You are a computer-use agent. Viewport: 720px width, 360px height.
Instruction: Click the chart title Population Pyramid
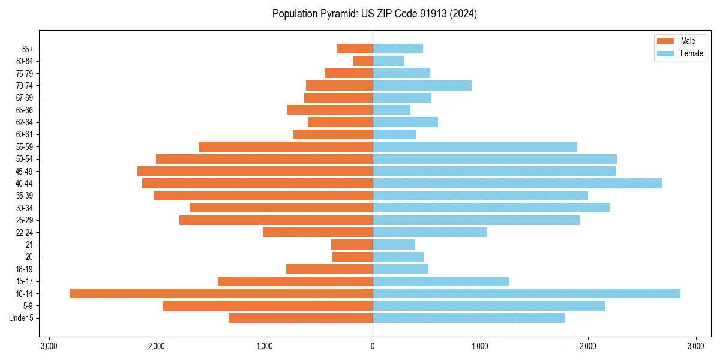click(x=374, y=14)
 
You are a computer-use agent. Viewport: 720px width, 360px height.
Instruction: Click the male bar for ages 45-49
click(x=255, y=171)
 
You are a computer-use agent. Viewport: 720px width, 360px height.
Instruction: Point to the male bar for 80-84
click(x=363, y=61)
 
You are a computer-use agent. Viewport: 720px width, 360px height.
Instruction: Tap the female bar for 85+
click(x=398, y=49)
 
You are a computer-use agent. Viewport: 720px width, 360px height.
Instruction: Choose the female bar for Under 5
click(x=469, y=318)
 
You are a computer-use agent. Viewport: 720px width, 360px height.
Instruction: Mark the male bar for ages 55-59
click(x=286, y=146)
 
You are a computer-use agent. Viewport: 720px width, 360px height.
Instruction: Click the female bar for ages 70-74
click(x=422, y=85)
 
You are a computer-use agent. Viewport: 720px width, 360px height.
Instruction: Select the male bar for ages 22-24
click(x=317, y=232)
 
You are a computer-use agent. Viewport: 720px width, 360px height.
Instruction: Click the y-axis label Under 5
click(x=21, y=318)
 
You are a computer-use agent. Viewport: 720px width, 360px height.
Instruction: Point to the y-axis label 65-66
click(x=25, y=110)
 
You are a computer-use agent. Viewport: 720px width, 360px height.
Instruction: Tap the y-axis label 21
click(x=29, y=245)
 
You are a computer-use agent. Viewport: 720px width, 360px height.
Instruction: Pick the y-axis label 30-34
click(x=25, y=208)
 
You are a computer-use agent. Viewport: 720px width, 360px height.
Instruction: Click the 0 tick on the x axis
click(x=373, y=346)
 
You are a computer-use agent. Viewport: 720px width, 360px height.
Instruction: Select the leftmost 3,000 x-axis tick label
click(x=49, y=346)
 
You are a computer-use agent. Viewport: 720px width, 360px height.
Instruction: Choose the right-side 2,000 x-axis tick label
click(x=588, y=346)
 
